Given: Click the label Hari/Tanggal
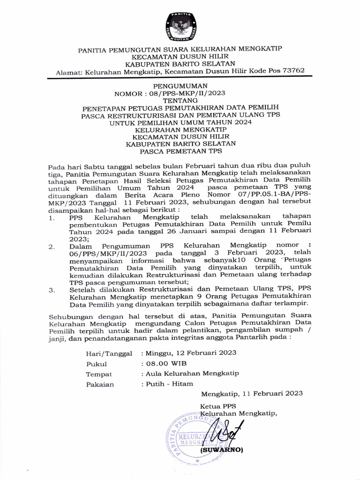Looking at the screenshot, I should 109,353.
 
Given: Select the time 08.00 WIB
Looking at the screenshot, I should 161,363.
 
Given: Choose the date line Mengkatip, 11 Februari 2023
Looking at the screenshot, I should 252,394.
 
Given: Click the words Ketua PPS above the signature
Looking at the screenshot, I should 218,406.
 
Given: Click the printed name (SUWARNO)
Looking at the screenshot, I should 221,450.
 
